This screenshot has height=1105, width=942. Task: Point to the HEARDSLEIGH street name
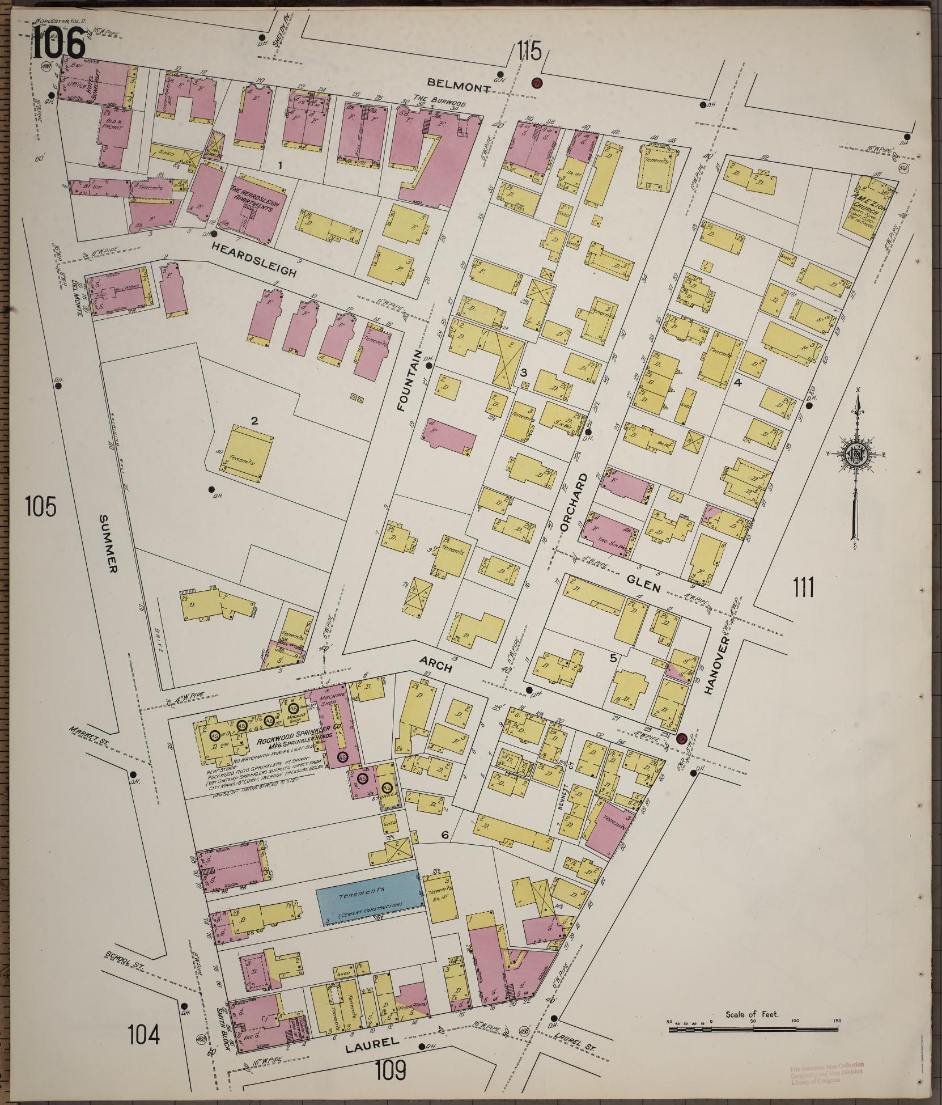click(x=254, y=259)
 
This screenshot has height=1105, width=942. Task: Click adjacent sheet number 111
click(x=804, y=587)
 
